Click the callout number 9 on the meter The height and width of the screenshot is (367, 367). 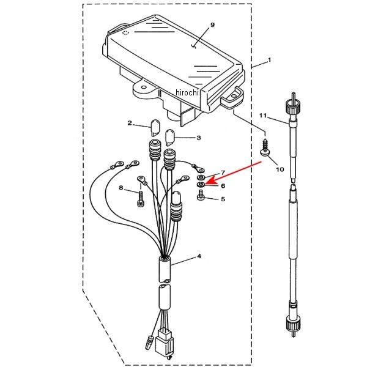[x=212, y=25]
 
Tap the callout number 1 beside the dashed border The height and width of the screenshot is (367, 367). [x=269, y=60]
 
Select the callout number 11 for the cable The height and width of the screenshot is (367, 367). [x=263, y=116]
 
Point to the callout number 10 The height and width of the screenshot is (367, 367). [x=280, y=169]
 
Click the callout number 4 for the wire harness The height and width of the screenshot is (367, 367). [x=199, y=256]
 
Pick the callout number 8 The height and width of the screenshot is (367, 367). [x=121, y=188]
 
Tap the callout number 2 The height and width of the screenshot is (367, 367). [x=130, y=123]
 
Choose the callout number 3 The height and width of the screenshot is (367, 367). [x=198, y=138]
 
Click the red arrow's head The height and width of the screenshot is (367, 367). [x=209, y=181]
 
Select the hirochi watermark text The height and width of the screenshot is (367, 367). [x=187, y=93]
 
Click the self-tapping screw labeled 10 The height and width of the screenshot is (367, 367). [x=265, y=147]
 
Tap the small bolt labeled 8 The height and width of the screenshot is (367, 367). [x=140, y=199]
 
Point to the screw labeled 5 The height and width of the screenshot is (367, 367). [x=201, y=196]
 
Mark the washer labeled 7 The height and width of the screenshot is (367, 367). [x=201, y=177]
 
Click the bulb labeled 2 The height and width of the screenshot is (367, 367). [x=155, y=128]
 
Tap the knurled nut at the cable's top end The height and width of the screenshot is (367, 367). [x=293, y=106]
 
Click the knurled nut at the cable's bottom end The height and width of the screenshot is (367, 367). [x=293, y=323]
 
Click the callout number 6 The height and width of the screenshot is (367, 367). [x=223, y=185]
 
